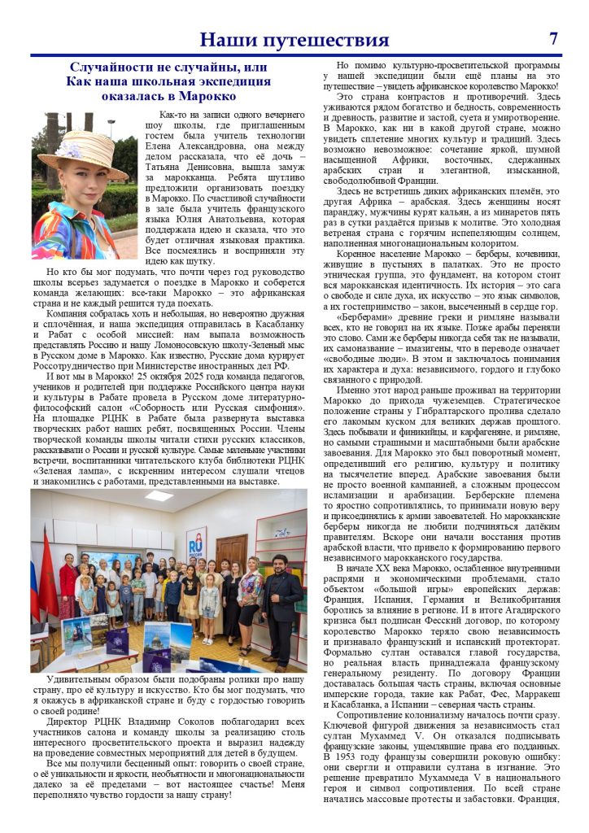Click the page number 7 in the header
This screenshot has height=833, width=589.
pos(553,38)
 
